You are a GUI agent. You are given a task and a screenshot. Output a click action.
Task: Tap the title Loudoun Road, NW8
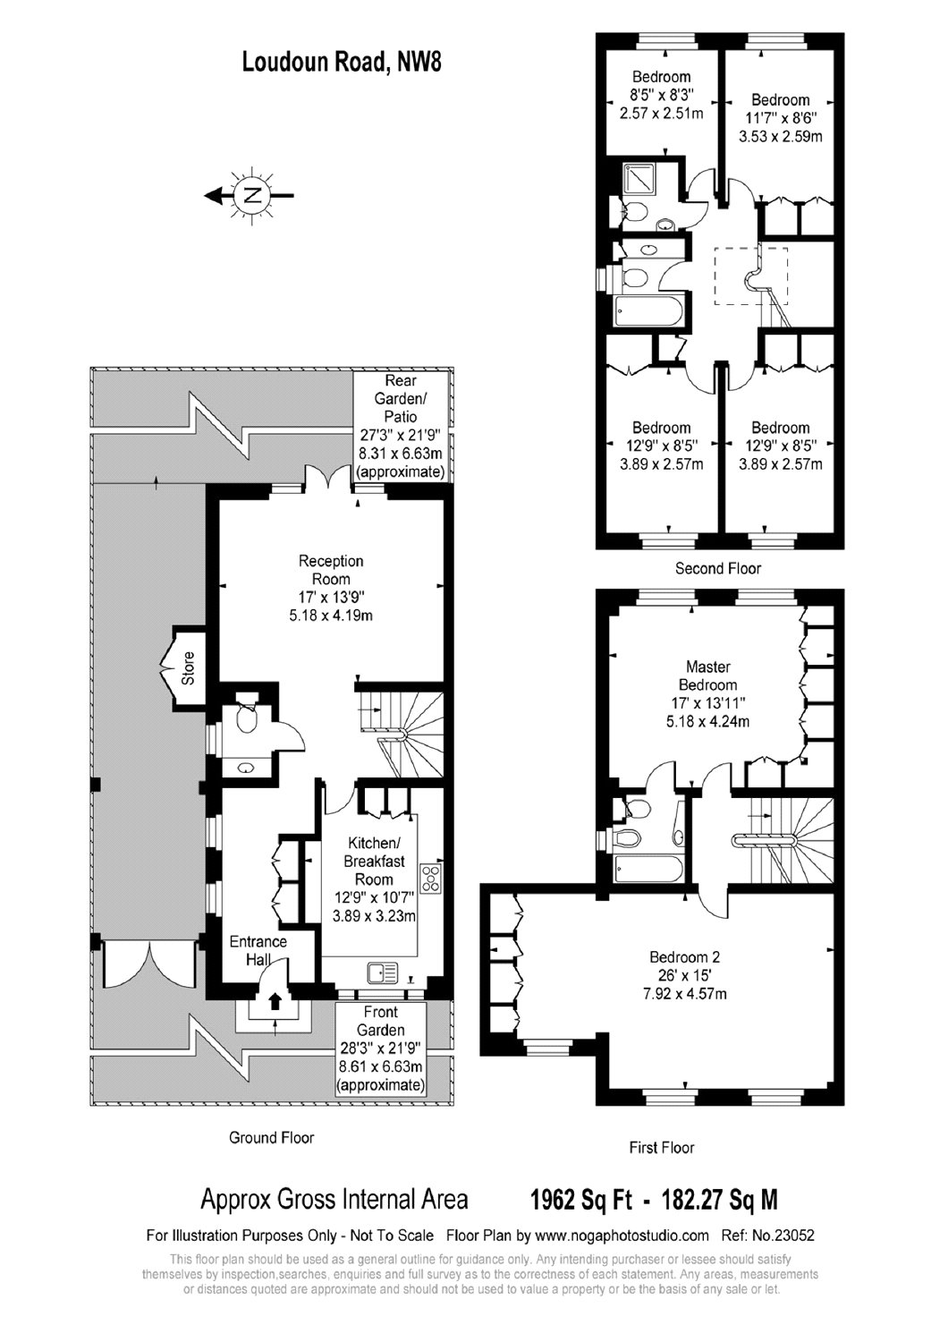click(x=342, y=63)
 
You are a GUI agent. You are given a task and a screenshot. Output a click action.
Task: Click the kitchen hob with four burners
click(x=431, y=879)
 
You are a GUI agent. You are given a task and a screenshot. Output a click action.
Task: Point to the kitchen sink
click(x=384, y=973)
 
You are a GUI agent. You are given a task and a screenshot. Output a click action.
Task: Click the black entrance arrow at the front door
click(x=275, y=1000)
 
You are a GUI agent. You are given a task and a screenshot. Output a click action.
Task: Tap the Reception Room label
click(x=331, y=570)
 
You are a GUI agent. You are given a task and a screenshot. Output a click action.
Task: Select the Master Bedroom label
click(x=707, y=675)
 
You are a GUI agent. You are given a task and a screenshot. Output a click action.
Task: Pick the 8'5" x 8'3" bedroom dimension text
click(x=661, y=95)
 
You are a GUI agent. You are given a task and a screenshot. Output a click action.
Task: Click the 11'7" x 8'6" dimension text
click(x=781, y=117)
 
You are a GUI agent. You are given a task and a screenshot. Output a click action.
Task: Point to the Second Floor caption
click(x=717, y=568)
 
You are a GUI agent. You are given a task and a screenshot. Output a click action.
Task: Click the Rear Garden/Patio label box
click(x=401, y=425)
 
